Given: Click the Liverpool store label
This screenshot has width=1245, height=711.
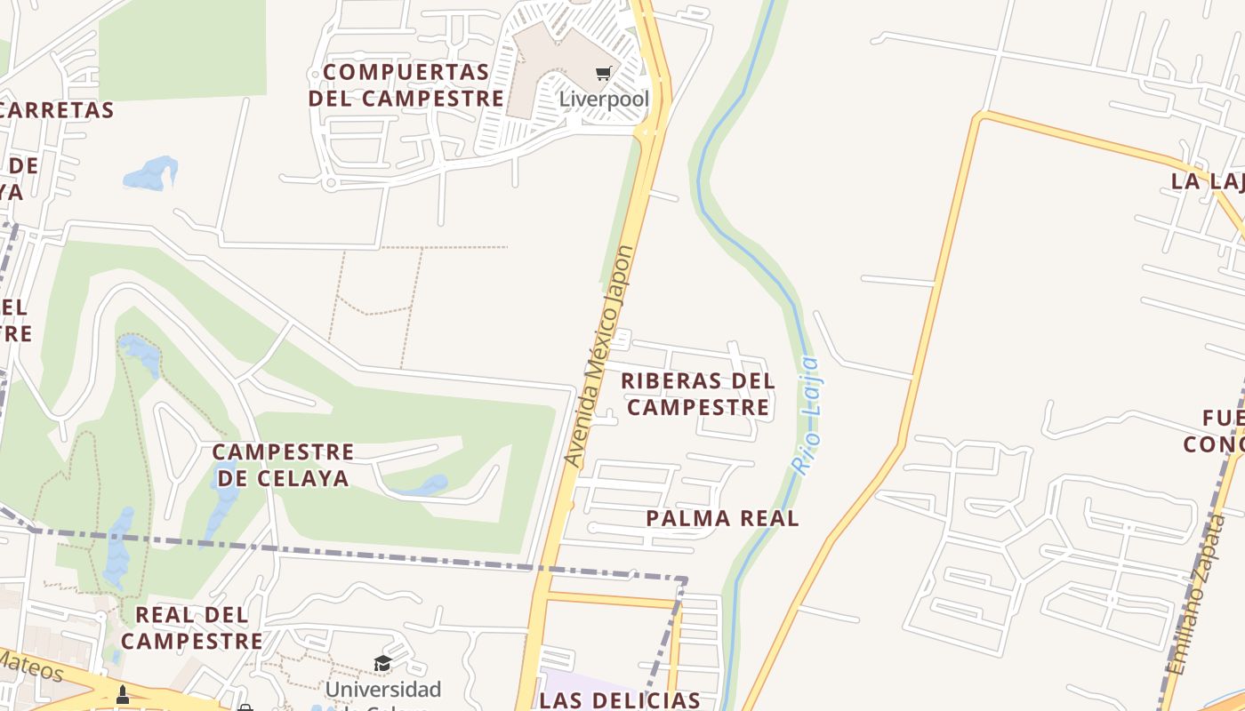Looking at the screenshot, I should point(604,99).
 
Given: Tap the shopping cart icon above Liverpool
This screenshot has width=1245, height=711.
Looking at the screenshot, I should point(604,73).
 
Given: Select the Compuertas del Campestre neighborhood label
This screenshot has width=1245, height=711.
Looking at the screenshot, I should point(406,84).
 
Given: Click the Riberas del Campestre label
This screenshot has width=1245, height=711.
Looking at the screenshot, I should point(697,394).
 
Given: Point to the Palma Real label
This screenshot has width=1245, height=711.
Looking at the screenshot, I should point(722,518).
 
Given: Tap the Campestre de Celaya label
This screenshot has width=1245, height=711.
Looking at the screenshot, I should point(283,465).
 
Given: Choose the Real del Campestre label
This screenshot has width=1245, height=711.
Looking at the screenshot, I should point(192,627).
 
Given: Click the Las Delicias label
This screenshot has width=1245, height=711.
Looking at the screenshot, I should point(619,700).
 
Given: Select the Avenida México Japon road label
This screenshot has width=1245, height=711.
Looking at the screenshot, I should point(600,355).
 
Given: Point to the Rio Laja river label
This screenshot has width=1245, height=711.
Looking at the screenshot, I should point(807,415).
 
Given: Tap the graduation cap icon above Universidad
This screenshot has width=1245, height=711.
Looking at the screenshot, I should point(382,663).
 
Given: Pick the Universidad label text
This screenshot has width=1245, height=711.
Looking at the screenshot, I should point(382,689).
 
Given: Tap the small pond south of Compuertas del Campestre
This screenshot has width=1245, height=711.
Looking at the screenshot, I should point(150,173).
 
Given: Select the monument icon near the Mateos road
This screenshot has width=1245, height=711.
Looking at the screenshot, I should point(123,694).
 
